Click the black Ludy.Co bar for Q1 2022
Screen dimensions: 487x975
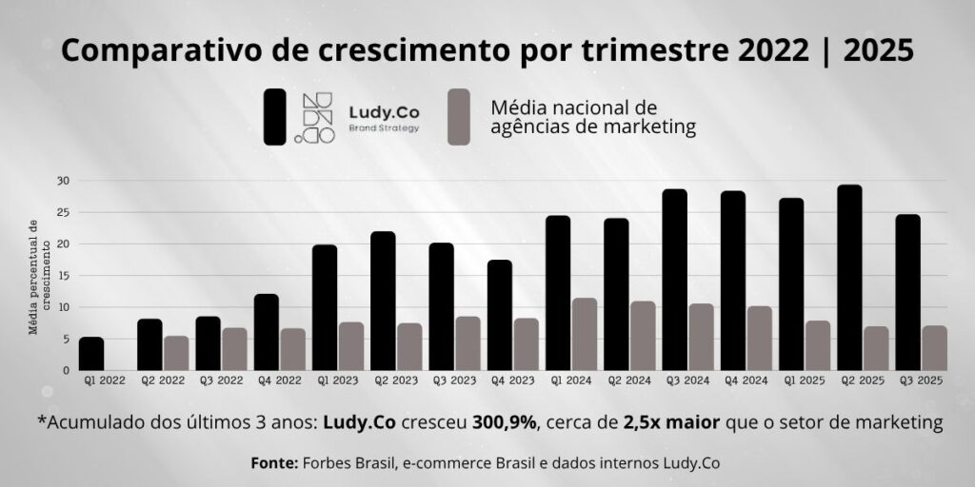91,354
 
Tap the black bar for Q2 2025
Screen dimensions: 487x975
849,278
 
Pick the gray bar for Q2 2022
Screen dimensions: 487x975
176,353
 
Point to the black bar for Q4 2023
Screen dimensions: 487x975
499,315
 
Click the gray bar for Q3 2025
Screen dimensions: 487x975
934,348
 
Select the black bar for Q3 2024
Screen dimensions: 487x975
675,280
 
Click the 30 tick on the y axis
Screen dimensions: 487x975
62,180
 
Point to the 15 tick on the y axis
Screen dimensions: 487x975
62,276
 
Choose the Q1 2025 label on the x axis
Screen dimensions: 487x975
791,380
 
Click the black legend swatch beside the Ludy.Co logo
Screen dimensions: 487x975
275,117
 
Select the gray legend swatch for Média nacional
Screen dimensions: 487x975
459,117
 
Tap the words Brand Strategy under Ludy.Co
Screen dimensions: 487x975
384,127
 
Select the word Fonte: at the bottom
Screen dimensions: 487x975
273,463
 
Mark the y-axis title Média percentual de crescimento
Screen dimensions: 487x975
40,276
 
